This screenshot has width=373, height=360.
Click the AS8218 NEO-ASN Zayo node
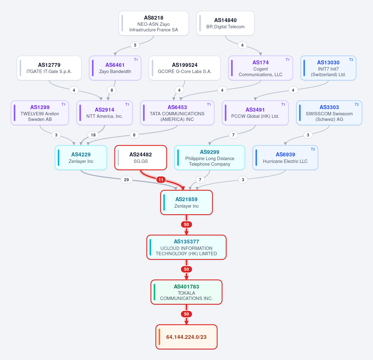coord(154,23)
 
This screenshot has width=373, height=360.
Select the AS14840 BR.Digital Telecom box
coord(225,23)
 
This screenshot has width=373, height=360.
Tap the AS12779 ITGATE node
coord(49,68)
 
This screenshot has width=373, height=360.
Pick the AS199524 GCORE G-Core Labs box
coord(185,68)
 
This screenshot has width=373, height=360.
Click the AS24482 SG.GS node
coord(140,158)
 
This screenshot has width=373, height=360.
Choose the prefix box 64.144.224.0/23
coord(186,337)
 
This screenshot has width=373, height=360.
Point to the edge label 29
coord(126,180)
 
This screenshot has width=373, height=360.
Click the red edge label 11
coord(161,180)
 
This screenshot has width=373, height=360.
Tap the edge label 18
coord(93,135)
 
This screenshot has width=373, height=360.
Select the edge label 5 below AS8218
coord(135,45)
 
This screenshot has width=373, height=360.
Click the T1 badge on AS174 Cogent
coord(288,60)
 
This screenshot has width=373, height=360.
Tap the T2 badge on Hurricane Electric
coord(313,149)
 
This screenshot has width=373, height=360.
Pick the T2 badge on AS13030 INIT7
coord(351,60)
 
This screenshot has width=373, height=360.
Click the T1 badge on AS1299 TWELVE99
coord(63,104)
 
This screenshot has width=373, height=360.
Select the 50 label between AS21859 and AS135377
coord(186,224)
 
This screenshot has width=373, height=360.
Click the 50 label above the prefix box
coord(186,314)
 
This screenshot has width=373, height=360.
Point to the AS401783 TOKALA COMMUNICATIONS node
coord(186,292)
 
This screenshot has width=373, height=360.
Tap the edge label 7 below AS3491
coord(233,135)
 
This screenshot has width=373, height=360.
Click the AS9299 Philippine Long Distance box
coord(210,158)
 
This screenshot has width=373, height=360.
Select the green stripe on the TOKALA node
coord(154,292)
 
